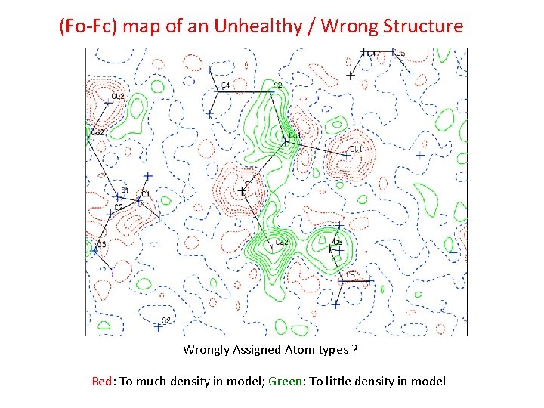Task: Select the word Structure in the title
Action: pos(421,26)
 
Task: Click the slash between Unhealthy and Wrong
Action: pos(311,26)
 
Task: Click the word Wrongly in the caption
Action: pos(204,349)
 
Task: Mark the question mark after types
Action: pos(355,349)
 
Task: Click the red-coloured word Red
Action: pos(102,381)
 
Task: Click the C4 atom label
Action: pos(225,85)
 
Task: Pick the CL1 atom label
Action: pos(356,150)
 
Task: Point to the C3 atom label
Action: pos(101,244)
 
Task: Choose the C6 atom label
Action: pos(337,242)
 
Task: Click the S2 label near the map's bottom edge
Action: pos(166,320)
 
